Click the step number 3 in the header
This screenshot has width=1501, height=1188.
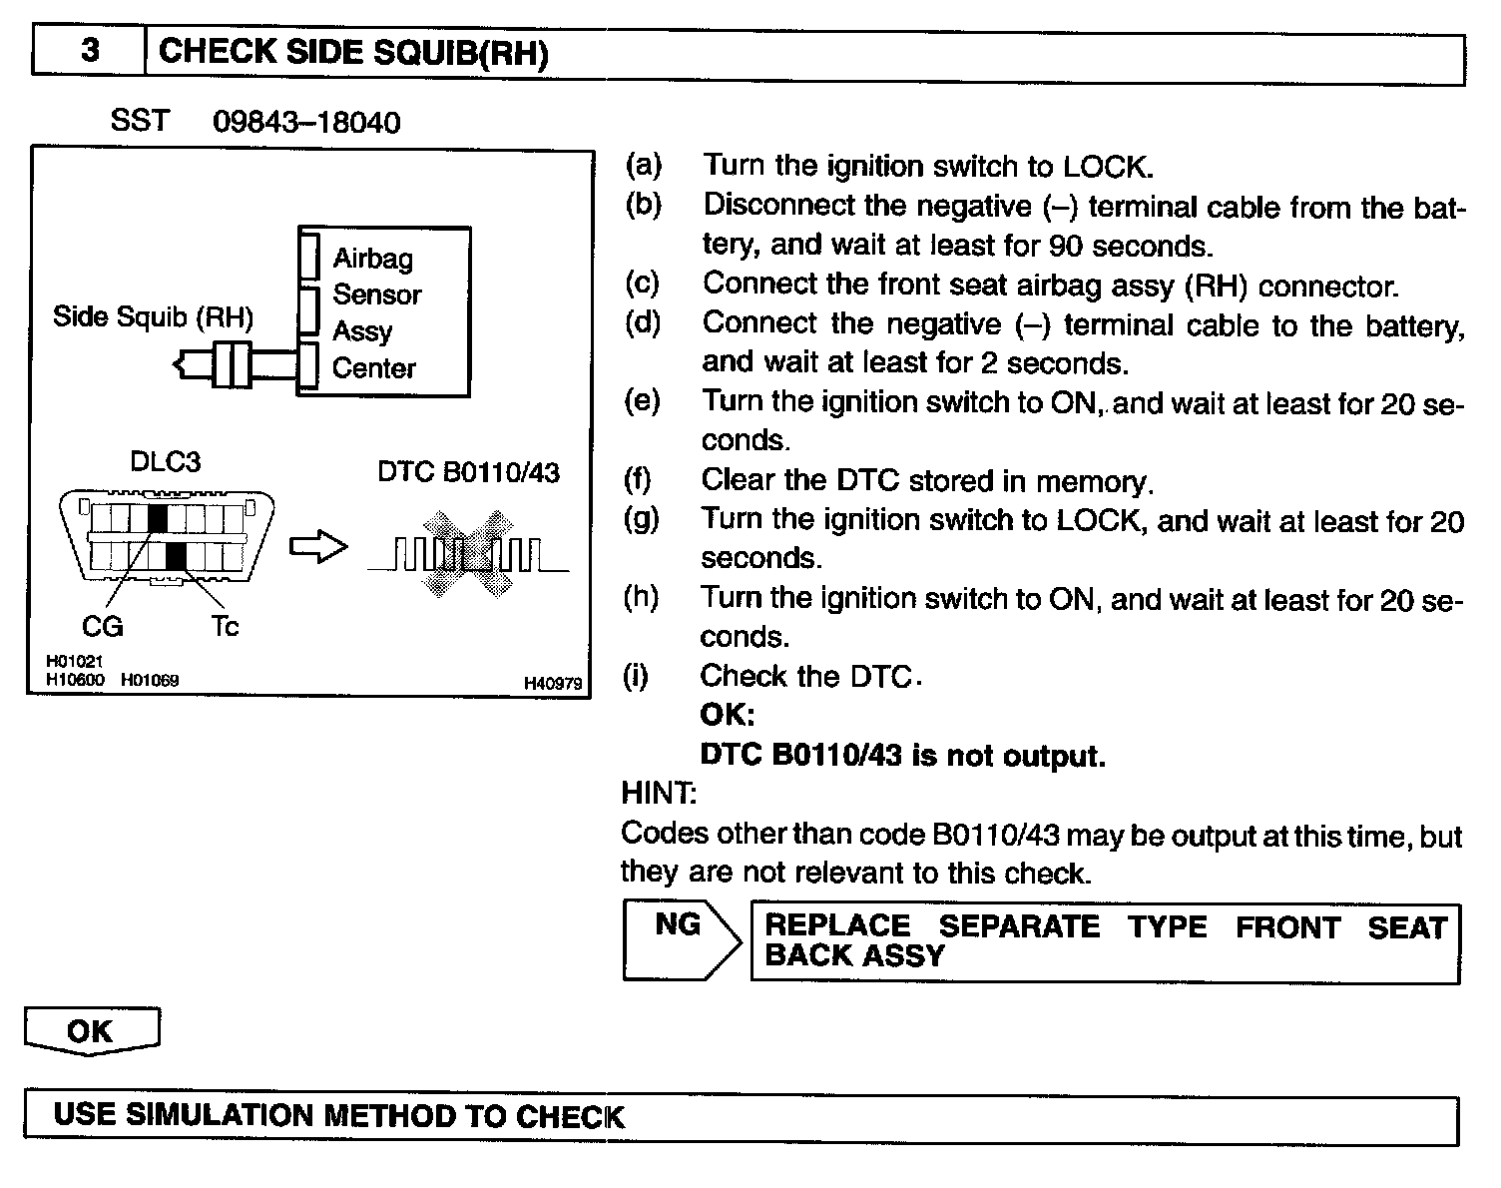click(90, 51)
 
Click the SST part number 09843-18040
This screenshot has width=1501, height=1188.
click(306, 123)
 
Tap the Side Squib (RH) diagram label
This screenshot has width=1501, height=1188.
click(153, 317)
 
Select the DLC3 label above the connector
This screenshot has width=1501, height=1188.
click(165, 462)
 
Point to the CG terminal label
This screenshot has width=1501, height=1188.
click(103, 626)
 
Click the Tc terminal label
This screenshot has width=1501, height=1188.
click(225, 626)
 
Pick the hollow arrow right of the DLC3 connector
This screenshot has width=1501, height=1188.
click(318, 547)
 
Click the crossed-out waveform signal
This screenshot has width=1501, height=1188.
click(466, 554)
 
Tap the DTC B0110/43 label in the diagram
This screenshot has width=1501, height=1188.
click(468, 472)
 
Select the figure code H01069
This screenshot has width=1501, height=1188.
click(150, 680)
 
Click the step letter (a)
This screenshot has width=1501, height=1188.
click(644, 166)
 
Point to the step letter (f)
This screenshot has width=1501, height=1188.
click(639, 480)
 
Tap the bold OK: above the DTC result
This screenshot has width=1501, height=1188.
click(728, 715)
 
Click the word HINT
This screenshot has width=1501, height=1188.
click(659, 794)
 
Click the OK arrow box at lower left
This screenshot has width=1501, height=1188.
click(91, 1030)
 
